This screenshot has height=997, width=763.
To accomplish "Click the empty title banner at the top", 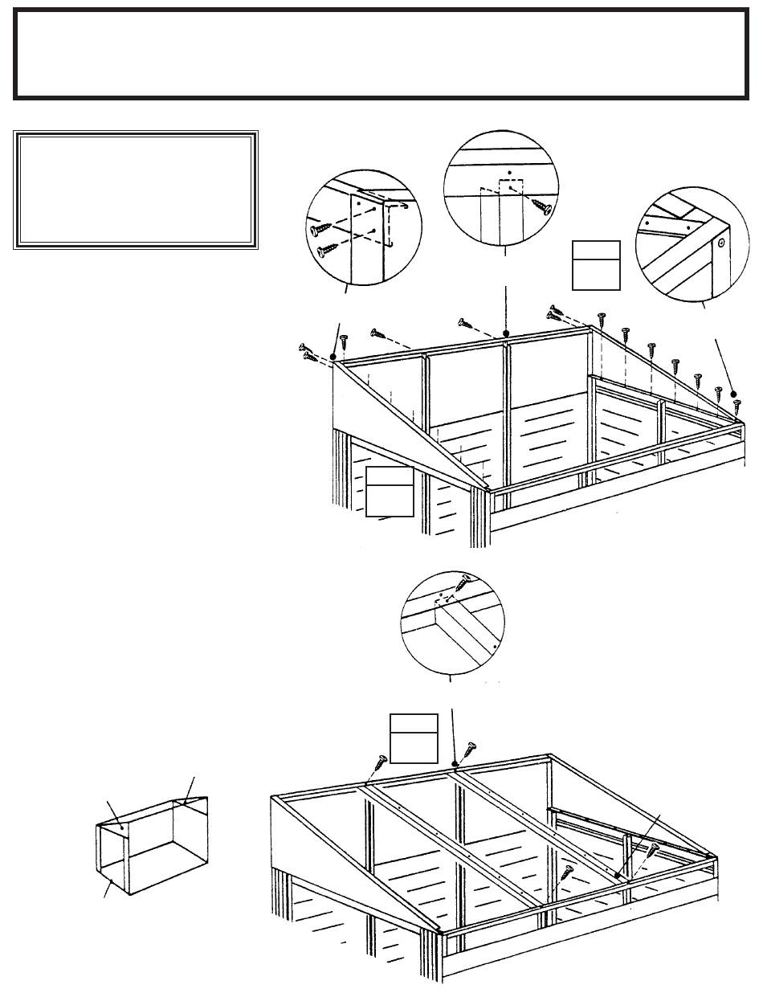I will [x=381, y=54].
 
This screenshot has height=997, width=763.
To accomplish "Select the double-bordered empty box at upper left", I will [x=136, y=190].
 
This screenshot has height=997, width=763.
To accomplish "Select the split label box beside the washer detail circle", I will [x=596, y=264].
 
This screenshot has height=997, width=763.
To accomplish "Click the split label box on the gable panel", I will [x=390, y=490].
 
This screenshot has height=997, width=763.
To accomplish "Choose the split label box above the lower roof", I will [x=414, y=738].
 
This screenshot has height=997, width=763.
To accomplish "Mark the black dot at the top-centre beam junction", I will [x=505, y=333].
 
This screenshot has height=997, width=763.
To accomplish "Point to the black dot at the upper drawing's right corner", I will [x=733, y=394].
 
